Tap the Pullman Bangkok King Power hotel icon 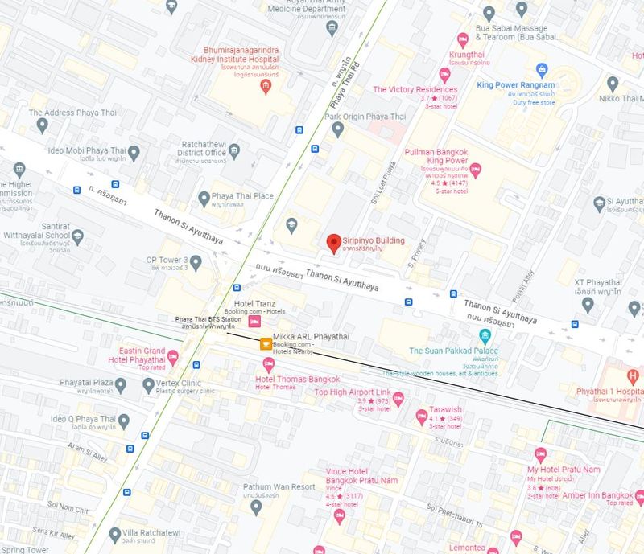pyautogui.click(x=475, y=170)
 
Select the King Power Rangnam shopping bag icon pyautogui.click(x=542, y=70)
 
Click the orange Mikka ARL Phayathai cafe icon pyautogui.click(x=265, y=343)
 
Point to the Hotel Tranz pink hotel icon pyautogui.click(x=254, y=322)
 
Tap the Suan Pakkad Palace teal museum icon pyautogui.click(x=485, y=335)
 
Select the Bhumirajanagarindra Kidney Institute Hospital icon pyautogui.click(x=266, y=86)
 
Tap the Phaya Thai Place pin pyautogui.click(x=204, y=197)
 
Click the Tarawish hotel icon pyautogui.click(x=421, y=416)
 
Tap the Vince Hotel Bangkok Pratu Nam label pyautogui.click(x=361, y=475)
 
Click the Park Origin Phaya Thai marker pyautogui.click(x=338, y=129)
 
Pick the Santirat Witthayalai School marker pyautogui.click(x=77, y=237)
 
